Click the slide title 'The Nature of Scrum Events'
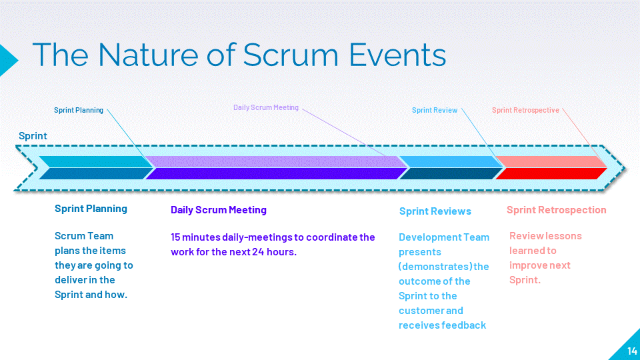pyautogui.click(x=239, y=55)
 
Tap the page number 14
pyautogui.click(x=632, y=351)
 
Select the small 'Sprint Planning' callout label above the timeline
pyautogui.click(x=79, y=110)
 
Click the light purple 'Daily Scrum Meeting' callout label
pyautogui.click(x=266, y=107)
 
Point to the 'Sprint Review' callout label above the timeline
pyautogui.click(x=434, y=110)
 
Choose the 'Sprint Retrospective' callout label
pyautogui.click(x=525, y=110)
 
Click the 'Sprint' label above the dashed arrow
pyautogui.click(x=33, y=136)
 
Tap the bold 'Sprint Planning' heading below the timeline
pyautogui.click(x=91, y=209)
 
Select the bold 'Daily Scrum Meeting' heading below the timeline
pyautogui.click(x=219, y=210)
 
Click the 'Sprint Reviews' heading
pyautogui.click(x=435, y=211)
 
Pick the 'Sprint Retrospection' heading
pyautogui.click(x=556, y=210)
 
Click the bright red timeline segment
pyautogui.click(x=551, y=173)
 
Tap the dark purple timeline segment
pyautogui.click(x=277, y=173)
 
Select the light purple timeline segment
pyautogui.click(x=277, y=161)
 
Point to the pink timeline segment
pyautogui.click(x=551, y=161)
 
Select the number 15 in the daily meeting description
pyautogui.click(x=175, y=237)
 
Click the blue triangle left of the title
pyautogui.click(x=8, y=60)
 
